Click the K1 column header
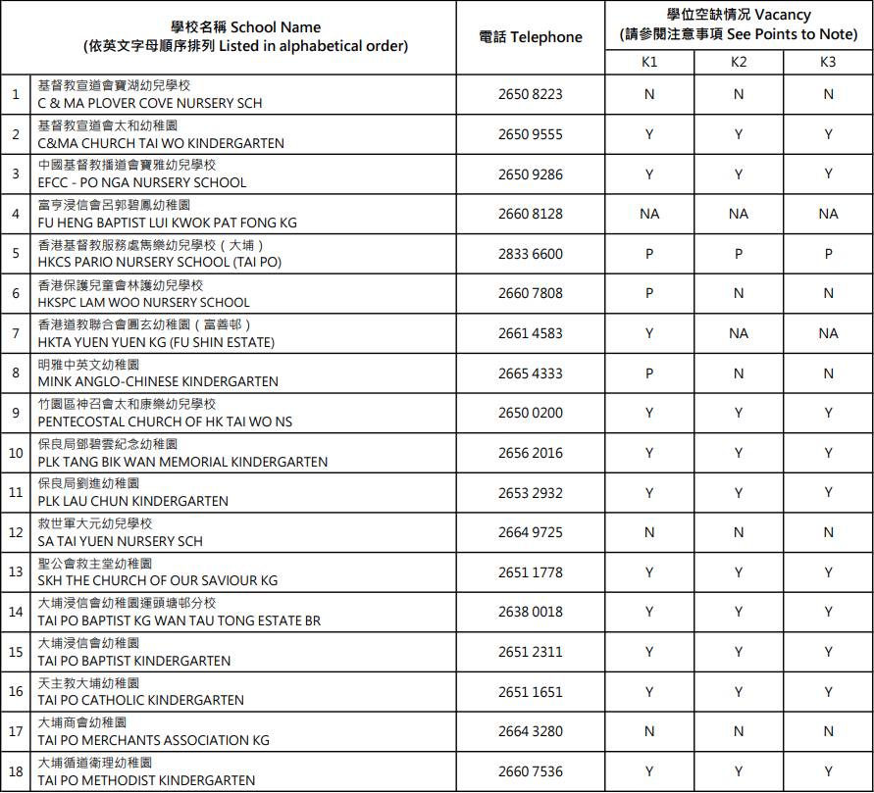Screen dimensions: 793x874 point(648,62)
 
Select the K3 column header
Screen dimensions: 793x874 point(828,62)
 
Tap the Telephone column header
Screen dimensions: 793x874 point(531,37)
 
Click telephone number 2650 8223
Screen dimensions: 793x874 point(531,94)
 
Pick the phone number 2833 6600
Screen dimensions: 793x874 point(531,254)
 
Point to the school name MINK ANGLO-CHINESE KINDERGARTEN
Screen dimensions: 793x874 point(158,382)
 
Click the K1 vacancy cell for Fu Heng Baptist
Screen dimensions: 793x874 point(648,214)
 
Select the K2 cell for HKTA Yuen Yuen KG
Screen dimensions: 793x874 point(739,333)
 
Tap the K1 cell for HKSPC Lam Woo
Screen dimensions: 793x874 point(648,293)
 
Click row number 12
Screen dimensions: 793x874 point(16,532)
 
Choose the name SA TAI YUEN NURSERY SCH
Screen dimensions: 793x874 point(121,541)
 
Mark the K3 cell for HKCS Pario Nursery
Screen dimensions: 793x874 point(828,254)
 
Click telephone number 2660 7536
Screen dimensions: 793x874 point(531,771)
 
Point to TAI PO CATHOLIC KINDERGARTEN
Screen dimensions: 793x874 point(141,701)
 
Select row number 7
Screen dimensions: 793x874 point(16,333)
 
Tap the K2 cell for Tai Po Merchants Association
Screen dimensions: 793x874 point(739,731)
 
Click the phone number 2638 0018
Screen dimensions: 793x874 point(531,612)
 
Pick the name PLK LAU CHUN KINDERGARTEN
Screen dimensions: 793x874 point(133,502)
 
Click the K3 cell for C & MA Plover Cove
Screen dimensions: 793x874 point(828,94)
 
